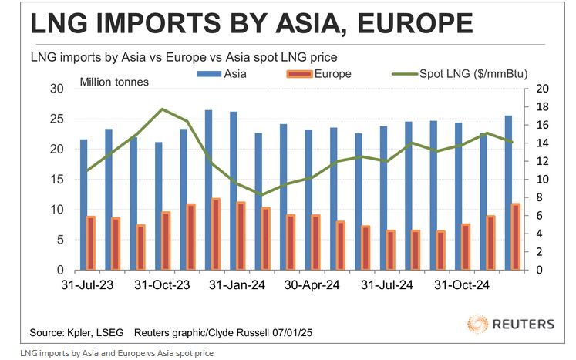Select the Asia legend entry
coord(223,75)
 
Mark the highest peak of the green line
coord(161,109)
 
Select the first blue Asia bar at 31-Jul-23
coord(84,204)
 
